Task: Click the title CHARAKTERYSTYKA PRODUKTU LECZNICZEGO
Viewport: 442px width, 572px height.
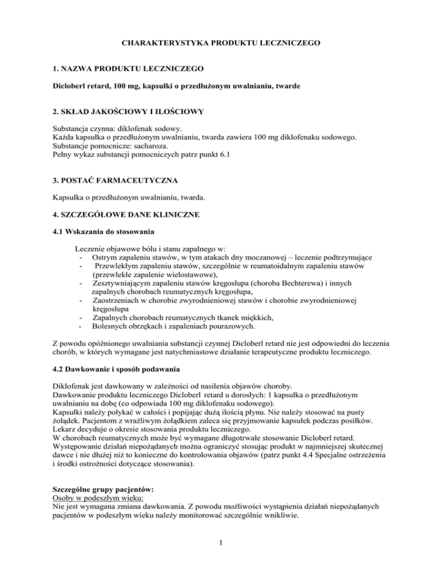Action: point(220,43)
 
